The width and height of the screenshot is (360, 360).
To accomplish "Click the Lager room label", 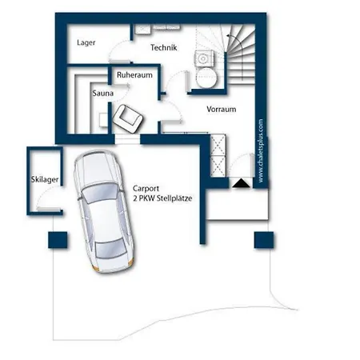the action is [86, 42].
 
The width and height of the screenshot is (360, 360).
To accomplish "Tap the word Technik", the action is [164, 47].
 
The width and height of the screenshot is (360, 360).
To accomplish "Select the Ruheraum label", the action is [134, 75].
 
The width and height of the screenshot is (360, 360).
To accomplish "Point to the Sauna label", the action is [103, 94].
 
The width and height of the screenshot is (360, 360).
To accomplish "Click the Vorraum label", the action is [222, 109].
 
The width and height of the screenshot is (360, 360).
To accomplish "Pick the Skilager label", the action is [45, 179].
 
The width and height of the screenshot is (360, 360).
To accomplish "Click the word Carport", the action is [146, 189].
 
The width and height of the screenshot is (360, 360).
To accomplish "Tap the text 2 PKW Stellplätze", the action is [162, 198].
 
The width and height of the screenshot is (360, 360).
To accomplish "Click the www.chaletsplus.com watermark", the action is [261, 150].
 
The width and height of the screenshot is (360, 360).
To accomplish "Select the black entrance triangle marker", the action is [241, 183].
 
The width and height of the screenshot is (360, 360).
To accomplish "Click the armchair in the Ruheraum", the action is [127, 118].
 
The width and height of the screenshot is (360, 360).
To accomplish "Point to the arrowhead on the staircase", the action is [229, 35].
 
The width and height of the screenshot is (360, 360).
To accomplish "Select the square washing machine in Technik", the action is [204, 58].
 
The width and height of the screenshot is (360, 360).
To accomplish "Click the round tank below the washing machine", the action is [206, 77].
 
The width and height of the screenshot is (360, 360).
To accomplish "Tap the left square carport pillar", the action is [58, 240].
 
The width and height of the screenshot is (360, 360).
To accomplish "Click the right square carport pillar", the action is [264, 240].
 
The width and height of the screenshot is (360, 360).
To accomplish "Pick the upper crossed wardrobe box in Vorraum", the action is [218, 146].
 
